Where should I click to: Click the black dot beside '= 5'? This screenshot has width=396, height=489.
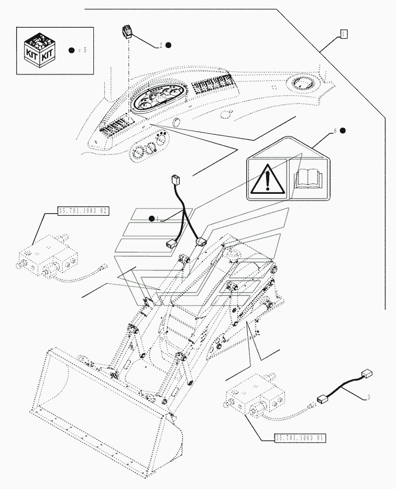coord(71,51)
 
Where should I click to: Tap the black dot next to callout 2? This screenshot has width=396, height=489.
coord(169,45)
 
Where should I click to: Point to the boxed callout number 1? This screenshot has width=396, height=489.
coord(343,34)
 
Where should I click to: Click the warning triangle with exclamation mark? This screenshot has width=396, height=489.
coord(267,180)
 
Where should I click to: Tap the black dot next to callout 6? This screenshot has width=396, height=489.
coord(343,130)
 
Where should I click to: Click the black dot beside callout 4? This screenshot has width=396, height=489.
coord(151,218)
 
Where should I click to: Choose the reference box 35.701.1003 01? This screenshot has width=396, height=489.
coord(299,438)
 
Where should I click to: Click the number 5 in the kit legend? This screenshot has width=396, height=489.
coord(85,51)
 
